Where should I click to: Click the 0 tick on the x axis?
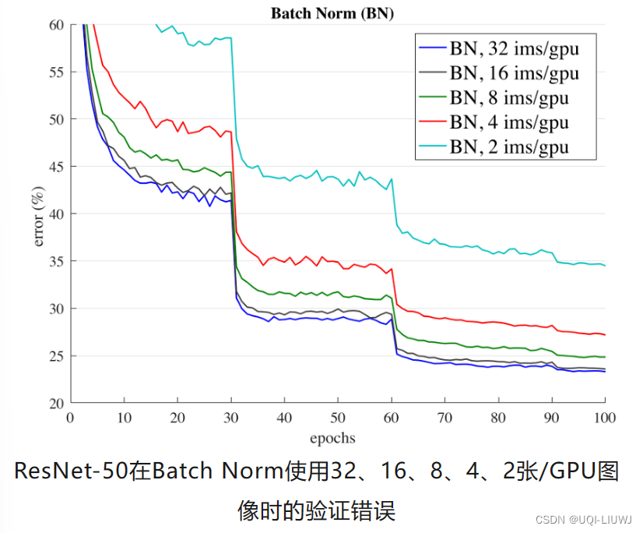coord(70,417)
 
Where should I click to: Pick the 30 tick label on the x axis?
coord(230,417)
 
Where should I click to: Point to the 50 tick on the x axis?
coord(338,417)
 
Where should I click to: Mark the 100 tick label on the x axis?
coord(605,417)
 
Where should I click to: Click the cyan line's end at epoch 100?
coord(605,266)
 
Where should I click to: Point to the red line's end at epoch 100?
coord(605,334)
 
